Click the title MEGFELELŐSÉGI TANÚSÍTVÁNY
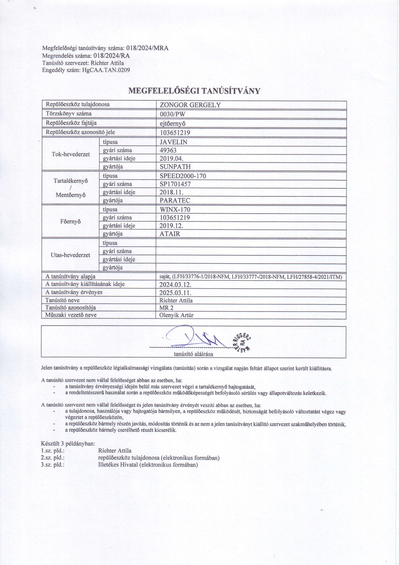(194, 91)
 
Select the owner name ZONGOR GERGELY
(190, 105)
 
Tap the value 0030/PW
(173, 114)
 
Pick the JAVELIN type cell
(174, 142)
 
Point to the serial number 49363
(168, 150)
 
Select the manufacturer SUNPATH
(175, 167)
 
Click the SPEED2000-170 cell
(183, 176)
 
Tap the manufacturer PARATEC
(175, 200)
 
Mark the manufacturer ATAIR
(170, 234)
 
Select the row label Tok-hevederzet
(71, 154)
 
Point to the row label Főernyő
(71, 222)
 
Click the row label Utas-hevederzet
(70, 255)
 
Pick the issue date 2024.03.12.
(175, 285)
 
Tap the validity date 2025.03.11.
(175, 293)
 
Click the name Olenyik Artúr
(176, 315)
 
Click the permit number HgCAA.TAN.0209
(106, 70)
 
